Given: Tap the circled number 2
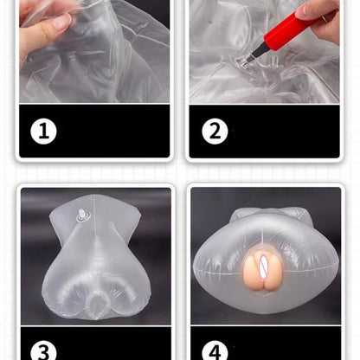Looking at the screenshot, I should pos(215,132).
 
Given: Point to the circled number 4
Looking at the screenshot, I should pos(215,350).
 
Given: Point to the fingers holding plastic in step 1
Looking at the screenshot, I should pos(43,30).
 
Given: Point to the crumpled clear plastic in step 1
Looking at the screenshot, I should pos(112,61).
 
